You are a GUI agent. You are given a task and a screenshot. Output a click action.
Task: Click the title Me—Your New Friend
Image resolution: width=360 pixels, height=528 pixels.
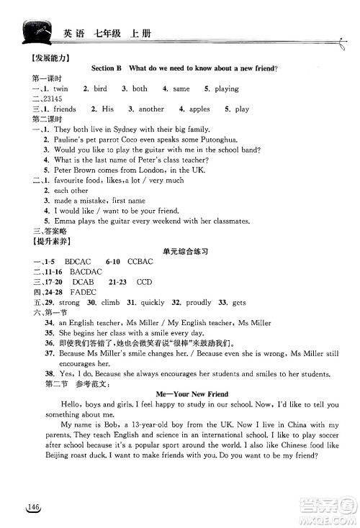tap(192, 394)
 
